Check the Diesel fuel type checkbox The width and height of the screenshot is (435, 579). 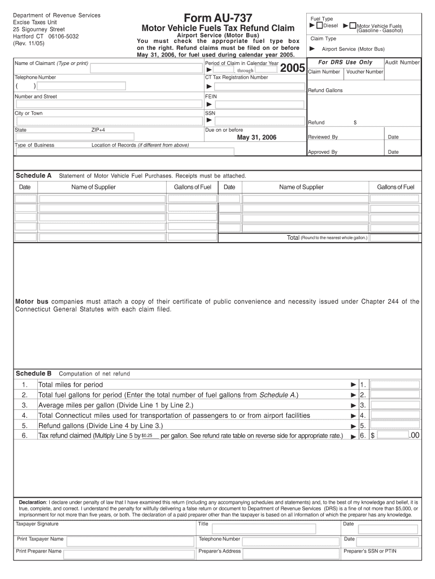[x=320, y=25]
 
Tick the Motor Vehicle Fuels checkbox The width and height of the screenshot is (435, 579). [x=353, y=25]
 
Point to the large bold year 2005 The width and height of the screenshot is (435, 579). [x=293, y=69]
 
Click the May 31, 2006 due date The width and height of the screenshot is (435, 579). [x=256, y=137]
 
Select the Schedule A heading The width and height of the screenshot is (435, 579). [x=33, y=175]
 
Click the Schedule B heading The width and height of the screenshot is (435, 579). [x=33, y=374]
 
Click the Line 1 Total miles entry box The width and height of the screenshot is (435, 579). [x=395, y=384]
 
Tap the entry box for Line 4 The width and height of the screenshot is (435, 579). [x=395, y=415]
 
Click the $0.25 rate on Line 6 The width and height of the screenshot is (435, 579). [x=147, y=436]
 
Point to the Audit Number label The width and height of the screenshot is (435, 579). [x=402, y=62]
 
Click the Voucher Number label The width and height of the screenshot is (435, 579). [x=364, y=72]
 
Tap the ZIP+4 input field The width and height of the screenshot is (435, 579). [x=113, y=136]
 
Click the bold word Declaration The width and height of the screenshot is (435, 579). [x=33, y=502]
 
